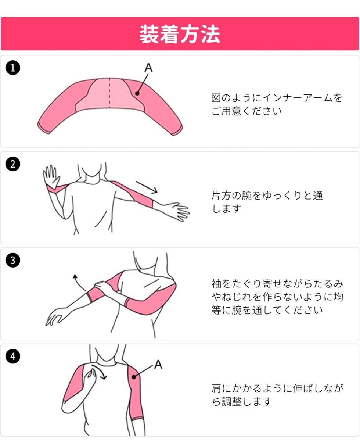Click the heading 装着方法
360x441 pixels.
pyautogui.click(x=180, y=34)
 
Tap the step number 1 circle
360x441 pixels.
pyautogui.click(x=13, y=68)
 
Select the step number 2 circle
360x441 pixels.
pyautogui.click(x=13, y=164)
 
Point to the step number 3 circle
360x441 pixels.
pyautogui.click(x=13, y=260)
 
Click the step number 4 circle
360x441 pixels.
pyautogui.click(x=13, y=356)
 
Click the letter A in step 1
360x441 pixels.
pyautogui.click(x=148, y=68)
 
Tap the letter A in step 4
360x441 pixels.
pyautogui.click(x=158, y=365)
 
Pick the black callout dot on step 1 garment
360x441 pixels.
pyautogui.click(x=137, y=93)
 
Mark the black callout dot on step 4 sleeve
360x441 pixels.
pyautogui.click(x=134, y=377)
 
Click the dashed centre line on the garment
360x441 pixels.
pyautogui.click(x=109, y=93)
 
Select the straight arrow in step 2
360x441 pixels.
pyautogui.click(x=147, y=187)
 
